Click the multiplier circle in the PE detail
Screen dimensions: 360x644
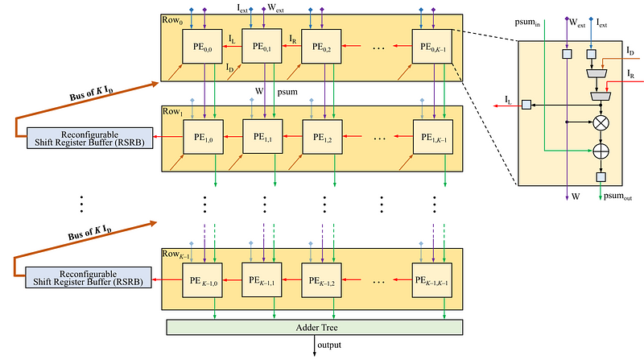click(600, 126)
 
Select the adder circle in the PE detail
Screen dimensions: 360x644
click(600, 150)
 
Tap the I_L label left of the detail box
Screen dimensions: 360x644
click(510, 99)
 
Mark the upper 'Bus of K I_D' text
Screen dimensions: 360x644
click(111, 91)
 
